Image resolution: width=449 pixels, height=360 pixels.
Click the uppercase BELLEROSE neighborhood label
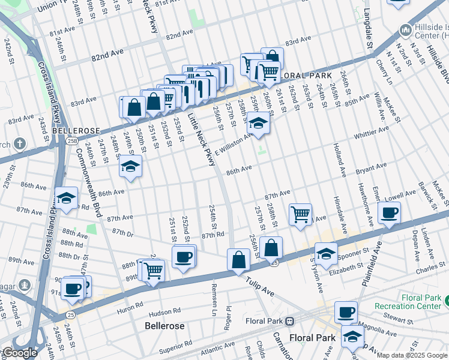coord(73,130)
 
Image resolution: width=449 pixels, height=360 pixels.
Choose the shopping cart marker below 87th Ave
coord(300,214)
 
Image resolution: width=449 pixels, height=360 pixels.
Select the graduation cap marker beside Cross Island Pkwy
coord(67,198)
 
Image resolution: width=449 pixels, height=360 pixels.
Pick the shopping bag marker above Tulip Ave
coord(238,260)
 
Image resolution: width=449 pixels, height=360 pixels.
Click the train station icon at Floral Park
coord(289,320)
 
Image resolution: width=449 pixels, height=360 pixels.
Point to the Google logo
coord(19,353)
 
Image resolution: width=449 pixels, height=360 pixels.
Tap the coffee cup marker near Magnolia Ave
coord(346,312)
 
